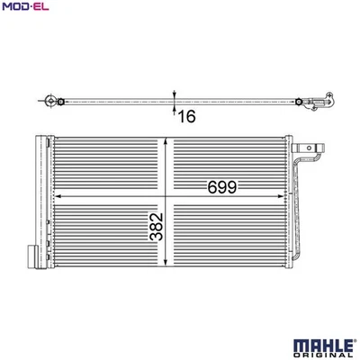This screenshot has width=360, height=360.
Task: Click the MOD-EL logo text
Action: pos(24,9)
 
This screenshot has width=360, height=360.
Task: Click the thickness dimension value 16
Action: pos(186,115)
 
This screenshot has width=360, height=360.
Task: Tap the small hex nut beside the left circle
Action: pos(60,101)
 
